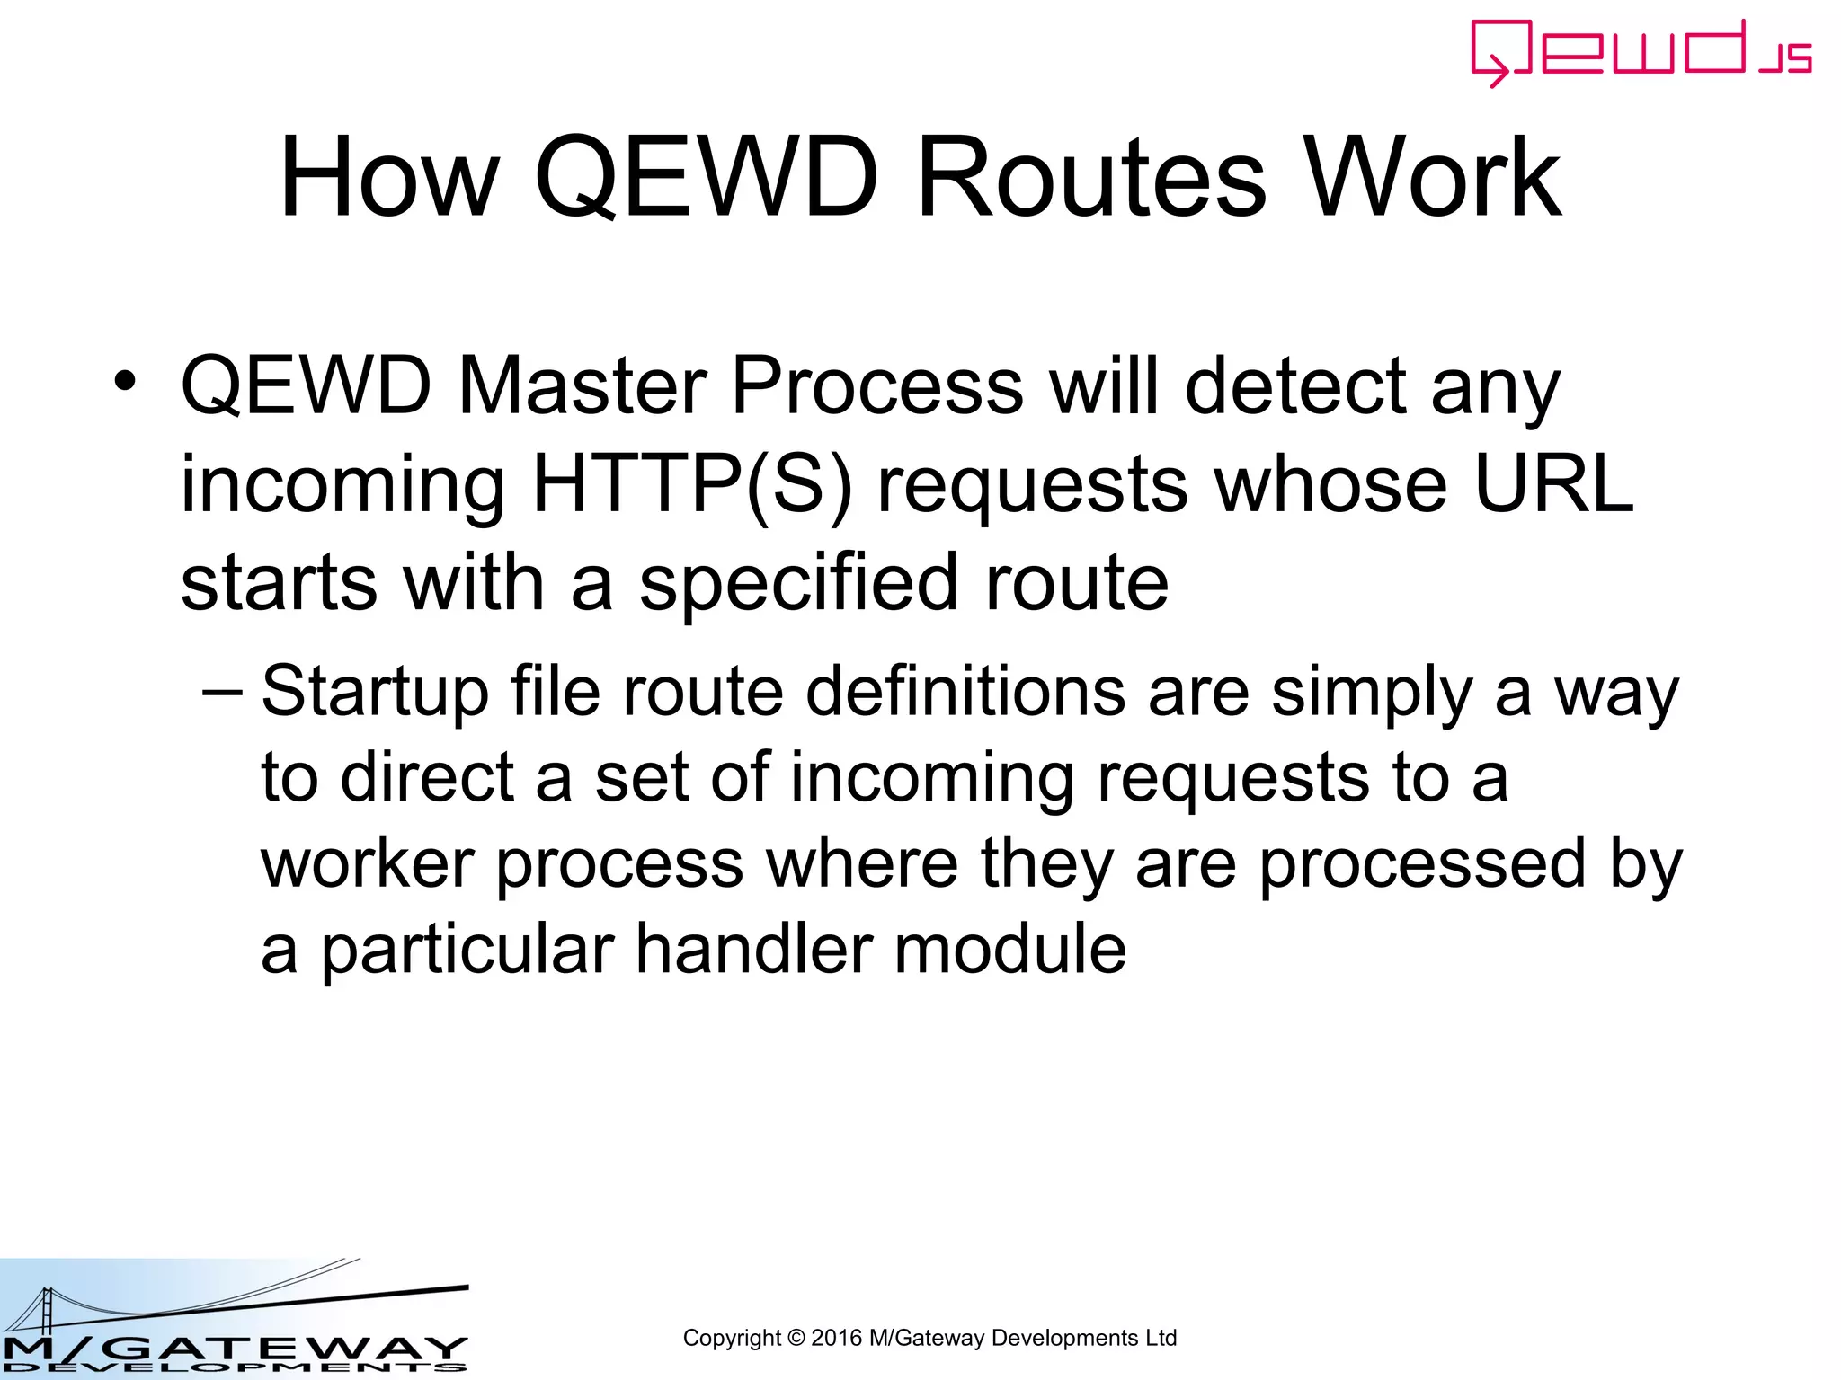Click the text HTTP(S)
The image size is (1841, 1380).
click(691, 485)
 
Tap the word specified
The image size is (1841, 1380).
click(798, 584)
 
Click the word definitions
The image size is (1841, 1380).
click(965, 692)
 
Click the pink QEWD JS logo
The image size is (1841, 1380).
click(1640, 52)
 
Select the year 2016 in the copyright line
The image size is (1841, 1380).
click(835, 1339)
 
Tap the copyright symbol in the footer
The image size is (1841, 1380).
click(796, 1339)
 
